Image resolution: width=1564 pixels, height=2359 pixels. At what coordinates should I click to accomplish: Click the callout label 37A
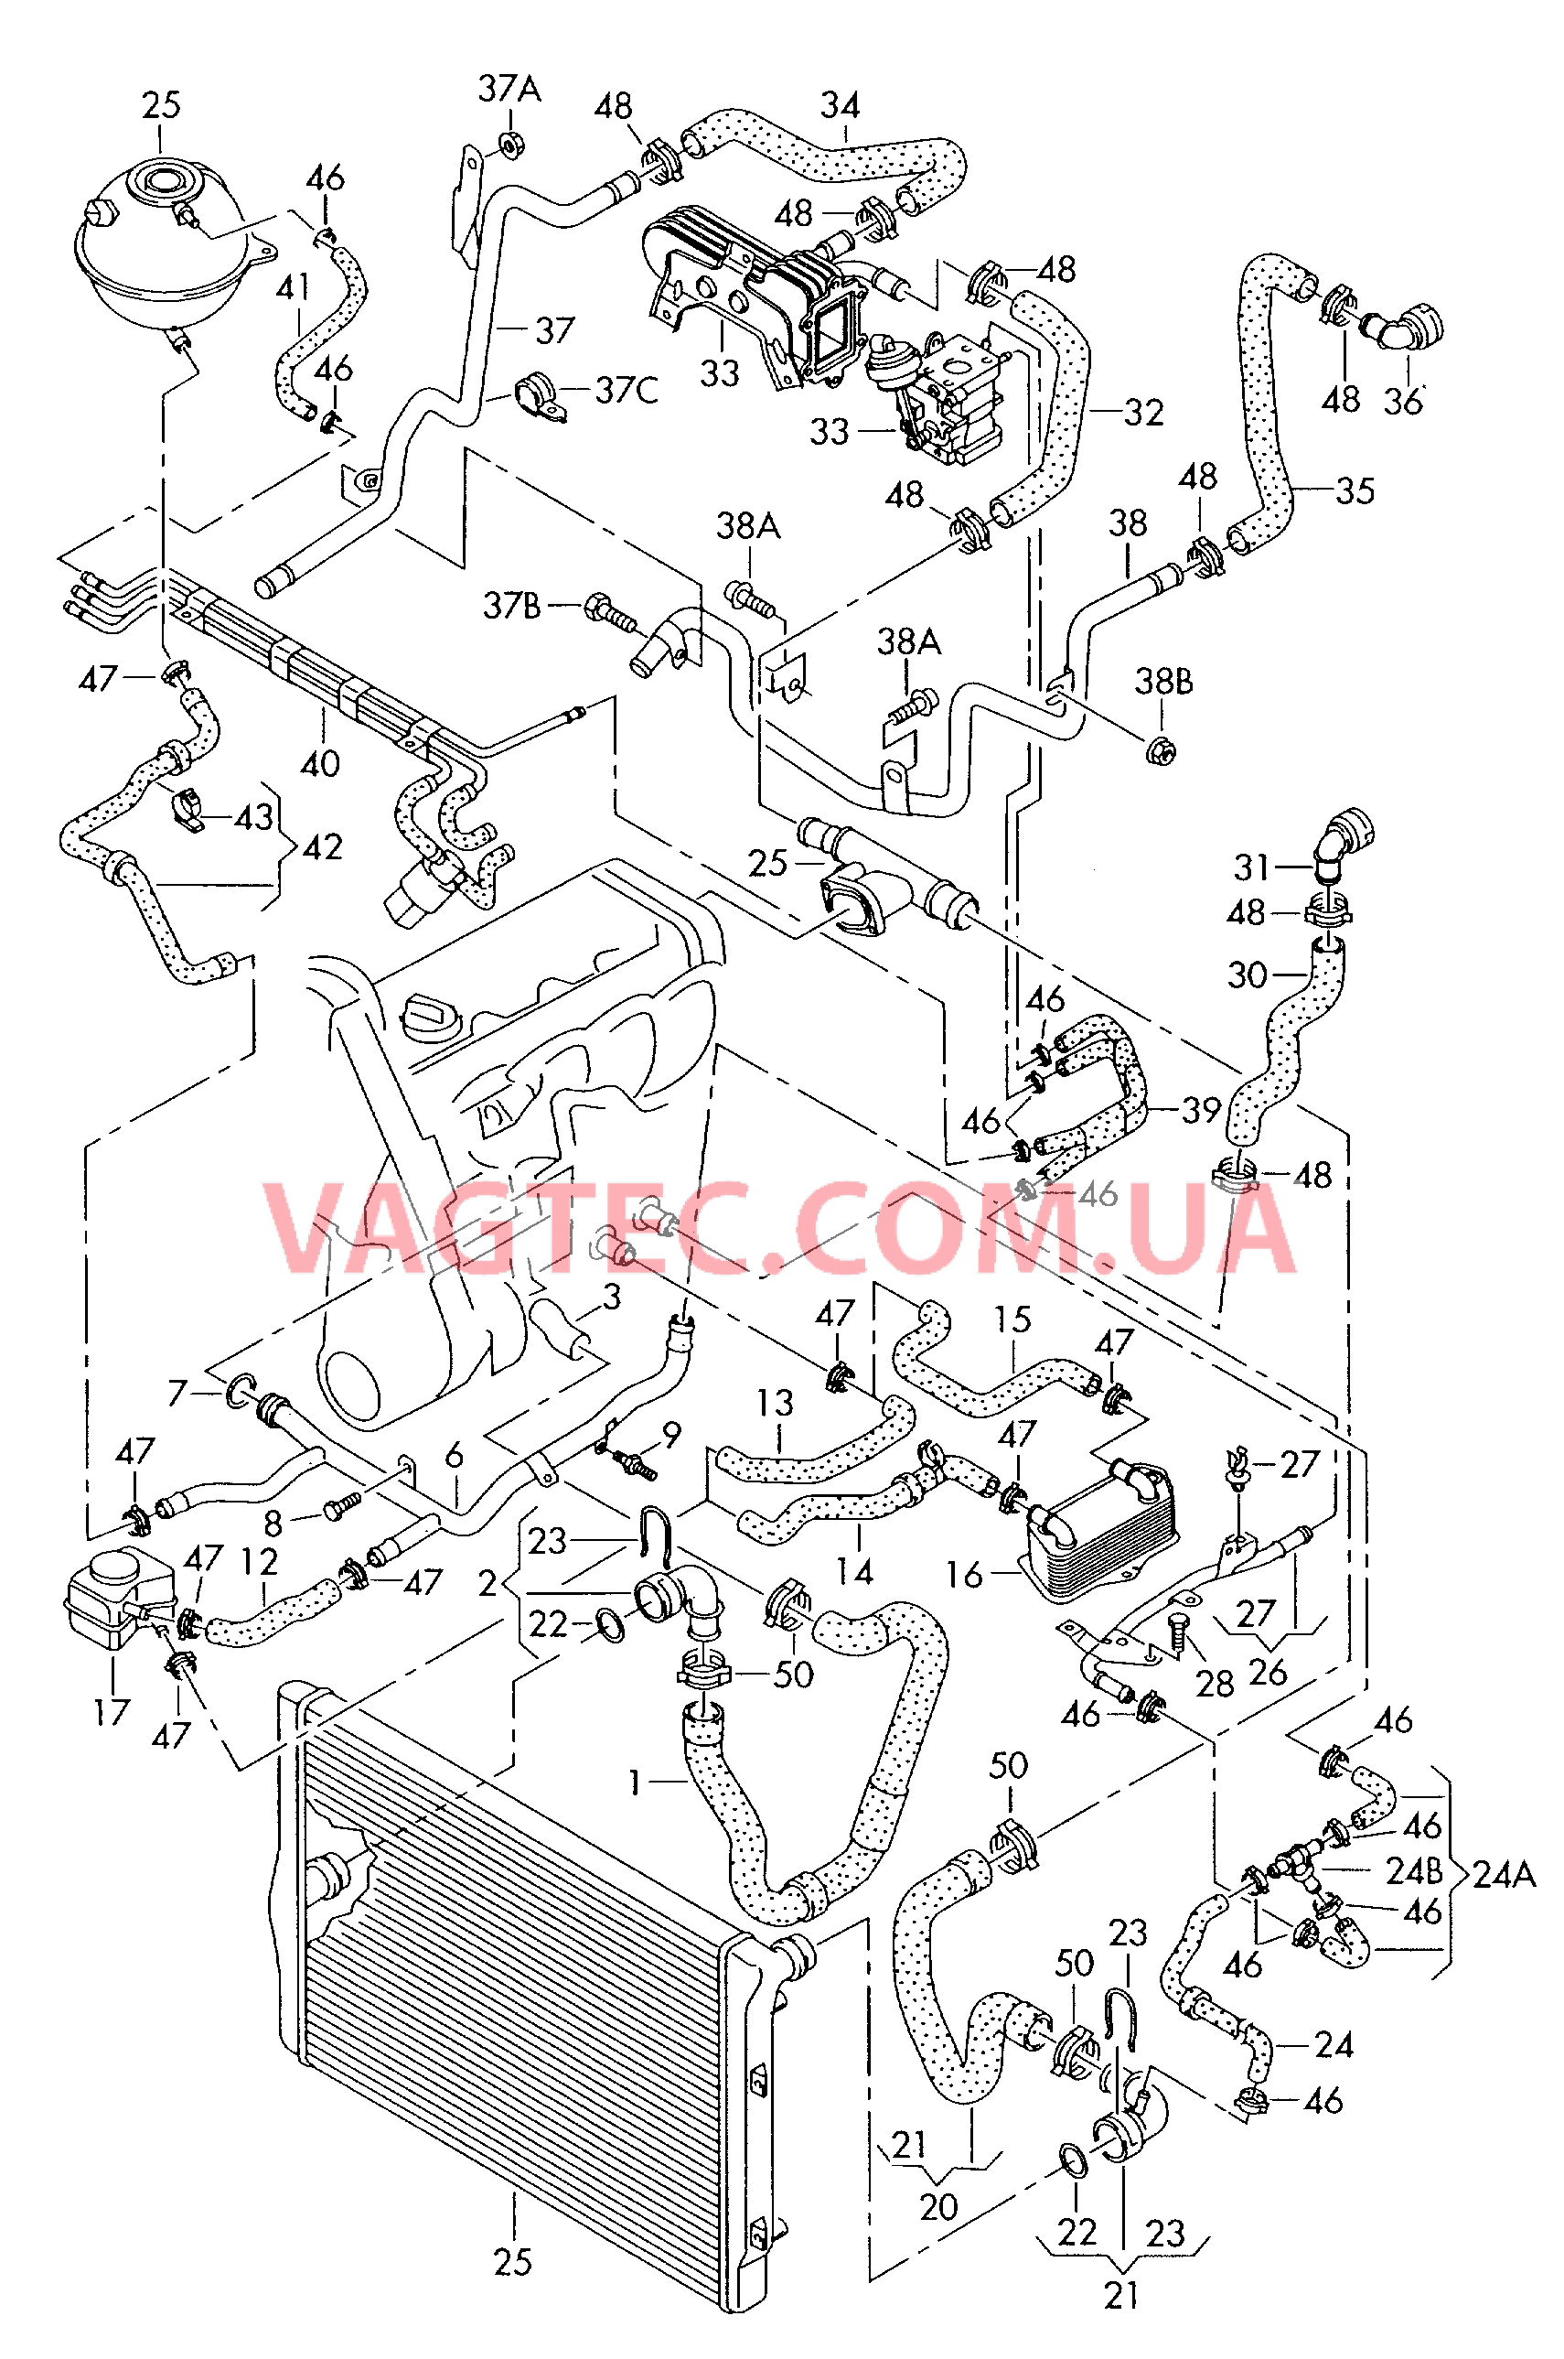point(509,89)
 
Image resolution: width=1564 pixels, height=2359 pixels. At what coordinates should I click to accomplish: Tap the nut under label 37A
point(509,145)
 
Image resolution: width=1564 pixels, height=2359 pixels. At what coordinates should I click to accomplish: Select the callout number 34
point(840,105)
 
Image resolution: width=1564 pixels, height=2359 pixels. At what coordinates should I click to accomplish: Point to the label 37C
point(627,390)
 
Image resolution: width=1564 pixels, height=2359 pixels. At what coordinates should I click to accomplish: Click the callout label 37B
point(511,606)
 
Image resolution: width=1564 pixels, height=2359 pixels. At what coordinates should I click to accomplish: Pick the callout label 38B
point(1163,682)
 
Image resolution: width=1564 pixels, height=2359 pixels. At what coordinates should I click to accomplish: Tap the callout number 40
point(320,763)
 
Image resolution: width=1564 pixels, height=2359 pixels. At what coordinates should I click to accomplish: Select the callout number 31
point(1251,867)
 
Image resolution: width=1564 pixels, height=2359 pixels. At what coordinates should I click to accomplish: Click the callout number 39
point(1201,1110)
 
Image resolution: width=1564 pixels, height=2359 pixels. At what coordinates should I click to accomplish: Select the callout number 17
point(112,1712)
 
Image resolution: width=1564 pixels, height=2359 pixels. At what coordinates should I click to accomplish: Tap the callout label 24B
point(1413,1871)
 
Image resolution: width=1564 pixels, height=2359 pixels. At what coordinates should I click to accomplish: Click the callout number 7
point(177,1392)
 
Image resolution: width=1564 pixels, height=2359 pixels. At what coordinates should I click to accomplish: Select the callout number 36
point(1401,401)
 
